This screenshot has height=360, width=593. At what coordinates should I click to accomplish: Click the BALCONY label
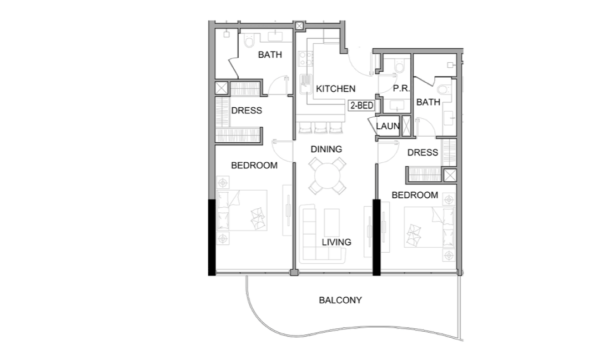tap(340, 300)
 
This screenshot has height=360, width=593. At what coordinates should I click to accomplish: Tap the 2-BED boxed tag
tap(361, 105)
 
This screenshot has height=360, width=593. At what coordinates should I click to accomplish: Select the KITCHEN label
tap(335, 89)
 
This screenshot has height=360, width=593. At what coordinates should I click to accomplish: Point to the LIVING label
tap(336, 242)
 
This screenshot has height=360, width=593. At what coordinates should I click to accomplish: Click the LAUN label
tap(388, 126)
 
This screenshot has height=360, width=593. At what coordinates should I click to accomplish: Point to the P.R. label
tap(401, 88)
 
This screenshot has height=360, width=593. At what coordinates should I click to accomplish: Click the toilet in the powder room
tap(398, 67)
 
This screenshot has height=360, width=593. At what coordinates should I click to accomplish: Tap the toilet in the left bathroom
tap(248, 41)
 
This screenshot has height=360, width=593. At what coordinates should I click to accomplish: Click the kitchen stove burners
tap(305, 58)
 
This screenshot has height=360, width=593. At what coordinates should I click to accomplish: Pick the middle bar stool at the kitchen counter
tap(321, 128)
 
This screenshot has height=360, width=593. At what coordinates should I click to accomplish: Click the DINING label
tap(326, 149)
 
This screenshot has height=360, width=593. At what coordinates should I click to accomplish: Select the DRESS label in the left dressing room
tap(247, 111)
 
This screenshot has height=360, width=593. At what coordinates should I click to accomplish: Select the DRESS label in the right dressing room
tap(423, 153)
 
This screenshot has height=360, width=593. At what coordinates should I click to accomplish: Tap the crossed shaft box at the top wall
tap(300, 26)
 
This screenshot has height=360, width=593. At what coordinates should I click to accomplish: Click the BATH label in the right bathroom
tap(428, 102)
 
